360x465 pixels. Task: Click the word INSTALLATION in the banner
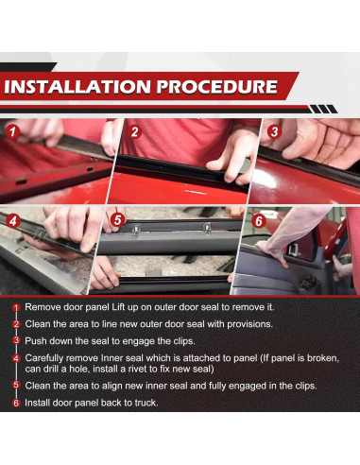77,87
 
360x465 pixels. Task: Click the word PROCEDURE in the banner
217,87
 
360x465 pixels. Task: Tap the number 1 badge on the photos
12,131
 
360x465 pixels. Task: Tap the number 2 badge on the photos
134,132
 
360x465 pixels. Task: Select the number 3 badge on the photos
274,131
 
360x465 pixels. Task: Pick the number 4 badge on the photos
12,221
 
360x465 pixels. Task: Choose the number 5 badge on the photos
118,220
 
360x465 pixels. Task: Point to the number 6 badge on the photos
258,221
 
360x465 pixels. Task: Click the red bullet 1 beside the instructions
16,307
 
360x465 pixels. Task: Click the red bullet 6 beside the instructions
16,403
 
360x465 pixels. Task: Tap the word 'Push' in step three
33,341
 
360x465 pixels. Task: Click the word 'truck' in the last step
146,403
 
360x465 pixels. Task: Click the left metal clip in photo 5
135,231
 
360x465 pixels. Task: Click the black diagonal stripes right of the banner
323,110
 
